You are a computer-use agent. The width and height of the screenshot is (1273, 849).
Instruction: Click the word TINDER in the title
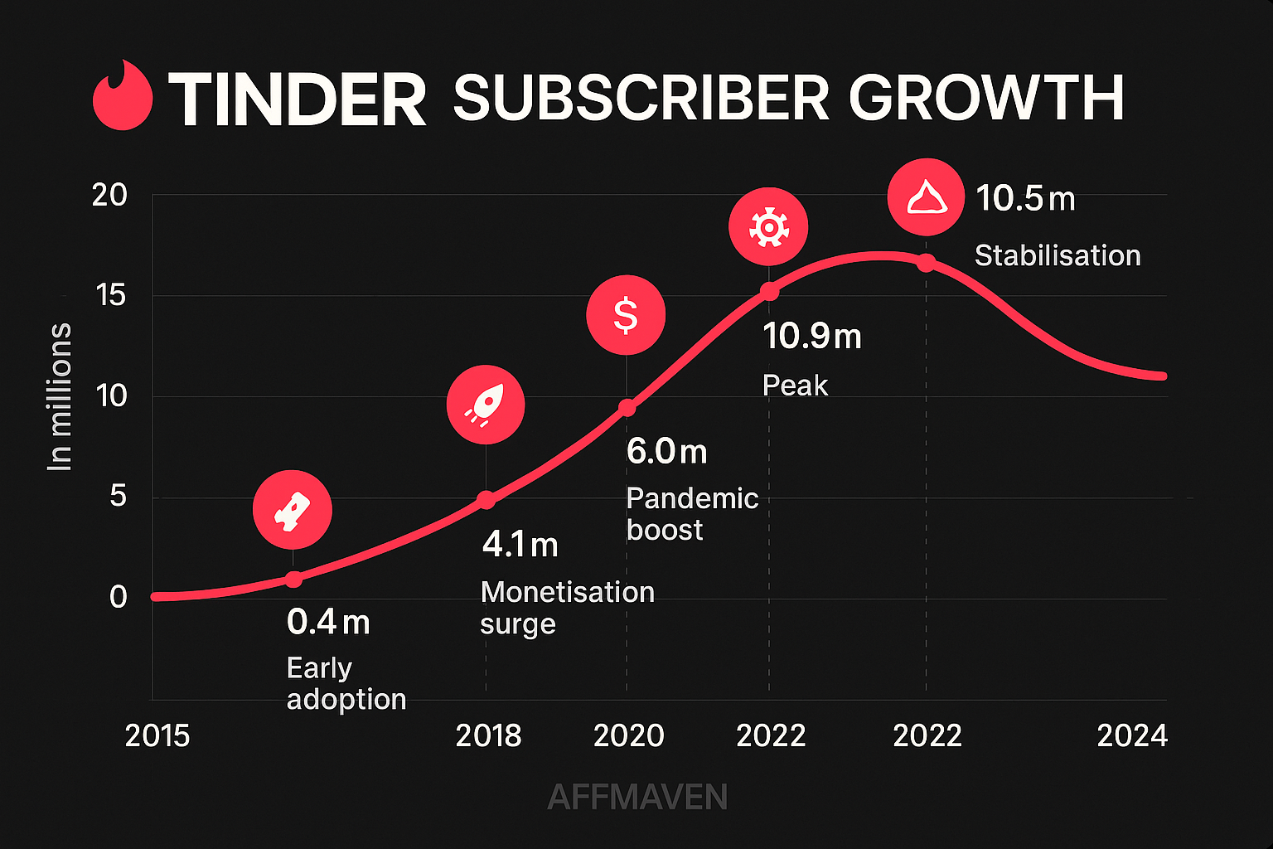point(298,99)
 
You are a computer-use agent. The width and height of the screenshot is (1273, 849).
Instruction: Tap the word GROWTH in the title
point(985,98)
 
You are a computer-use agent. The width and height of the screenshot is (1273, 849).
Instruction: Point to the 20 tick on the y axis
point(109,196)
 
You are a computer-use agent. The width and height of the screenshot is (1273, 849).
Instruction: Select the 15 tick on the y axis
point(109,295)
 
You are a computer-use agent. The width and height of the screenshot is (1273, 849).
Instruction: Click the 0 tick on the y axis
point(118,597)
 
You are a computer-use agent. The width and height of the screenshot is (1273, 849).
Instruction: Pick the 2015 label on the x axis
point(157,735)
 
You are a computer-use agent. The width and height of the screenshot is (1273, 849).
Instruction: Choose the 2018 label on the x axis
point(488,735)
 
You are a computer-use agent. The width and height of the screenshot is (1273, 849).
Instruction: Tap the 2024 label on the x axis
point(1132,735)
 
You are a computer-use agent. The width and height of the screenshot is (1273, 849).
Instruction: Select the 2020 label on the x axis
point(628,735)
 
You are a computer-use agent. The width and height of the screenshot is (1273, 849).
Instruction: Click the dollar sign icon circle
point(626,315)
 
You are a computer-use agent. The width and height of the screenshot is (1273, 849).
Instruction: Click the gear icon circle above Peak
point(768,226)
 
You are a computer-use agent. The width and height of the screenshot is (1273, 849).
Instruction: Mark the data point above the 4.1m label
point(486,500)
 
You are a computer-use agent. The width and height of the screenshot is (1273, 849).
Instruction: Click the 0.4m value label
point(328,622)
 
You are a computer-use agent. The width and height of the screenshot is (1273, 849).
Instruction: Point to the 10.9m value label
point(812,337)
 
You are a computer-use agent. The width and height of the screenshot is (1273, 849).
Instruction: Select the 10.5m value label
point(1025,199)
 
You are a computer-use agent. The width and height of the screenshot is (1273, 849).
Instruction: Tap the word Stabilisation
point(1058,255)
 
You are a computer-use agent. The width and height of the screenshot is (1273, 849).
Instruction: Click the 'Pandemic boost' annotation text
point(692,513)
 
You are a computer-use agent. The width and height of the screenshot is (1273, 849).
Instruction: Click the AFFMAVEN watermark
point(637,798)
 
